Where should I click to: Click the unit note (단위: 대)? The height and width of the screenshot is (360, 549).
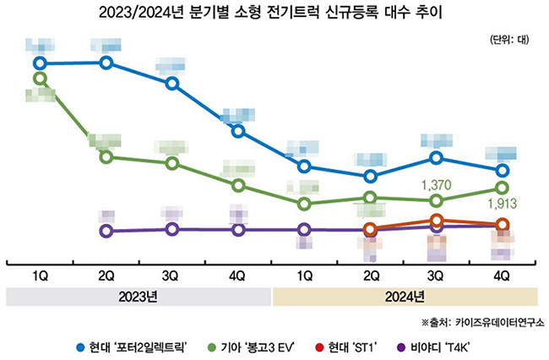[508, 40]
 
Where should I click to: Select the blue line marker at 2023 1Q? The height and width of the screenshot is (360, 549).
[40, 63]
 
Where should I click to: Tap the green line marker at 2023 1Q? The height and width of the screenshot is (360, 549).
[40, 79]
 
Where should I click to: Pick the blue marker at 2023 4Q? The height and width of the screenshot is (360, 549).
[238, 131]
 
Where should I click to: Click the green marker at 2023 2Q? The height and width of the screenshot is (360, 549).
[106, 157]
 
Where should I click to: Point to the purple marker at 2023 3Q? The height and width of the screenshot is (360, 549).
[172, 229]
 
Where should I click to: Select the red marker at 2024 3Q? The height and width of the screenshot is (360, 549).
[436, 221]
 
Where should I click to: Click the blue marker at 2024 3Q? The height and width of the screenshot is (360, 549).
[436, 158]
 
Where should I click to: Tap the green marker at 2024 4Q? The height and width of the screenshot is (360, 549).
[503, 188]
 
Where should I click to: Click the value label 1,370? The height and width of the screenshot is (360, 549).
[437, 183]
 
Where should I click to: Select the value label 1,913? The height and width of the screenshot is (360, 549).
[502, 205]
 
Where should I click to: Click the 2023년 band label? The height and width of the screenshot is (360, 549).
[139, 297]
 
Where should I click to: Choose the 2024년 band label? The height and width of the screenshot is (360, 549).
[404, 297]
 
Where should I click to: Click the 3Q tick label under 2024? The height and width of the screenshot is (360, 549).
[436, 275]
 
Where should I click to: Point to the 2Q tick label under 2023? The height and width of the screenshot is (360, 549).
[106, 275]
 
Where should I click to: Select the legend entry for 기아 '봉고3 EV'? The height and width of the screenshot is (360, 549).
[258, 346]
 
